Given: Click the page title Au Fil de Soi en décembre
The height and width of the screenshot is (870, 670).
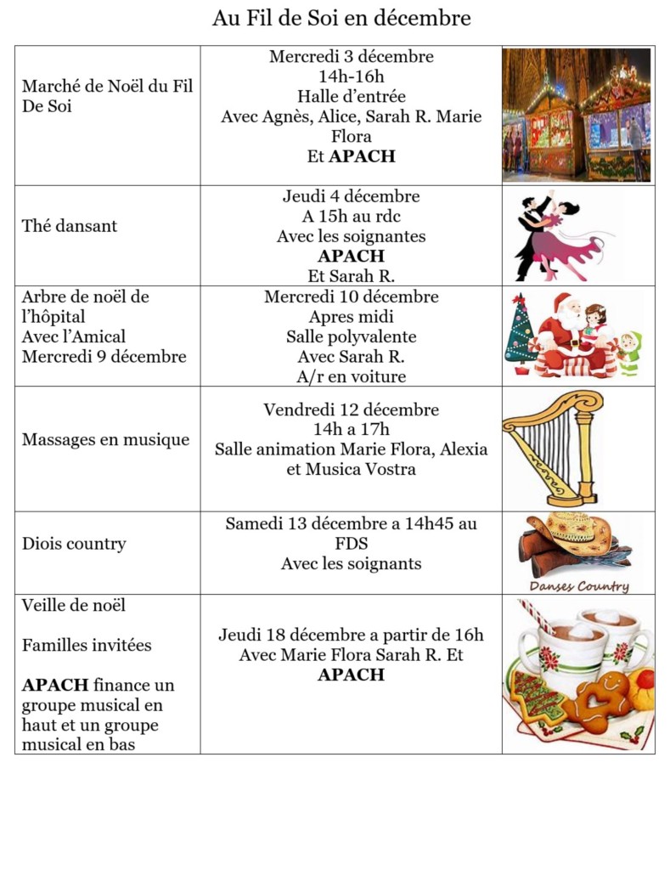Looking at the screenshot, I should coord(341,18).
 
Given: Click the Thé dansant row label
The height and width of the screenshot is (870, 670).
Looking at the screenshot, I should coord(70,226).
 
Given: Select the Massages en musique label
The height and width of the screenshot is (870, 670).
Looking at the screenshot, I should coord(105,440).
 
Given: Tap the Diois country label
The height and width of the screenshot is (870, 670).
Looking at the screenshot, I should coord(74,544).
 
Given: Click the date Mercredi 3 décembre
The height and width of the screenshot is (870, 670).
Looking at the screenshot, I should coord(351,57).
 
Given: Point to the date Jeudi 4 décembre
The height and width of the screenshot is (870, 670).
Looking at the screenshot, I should coord(351,196).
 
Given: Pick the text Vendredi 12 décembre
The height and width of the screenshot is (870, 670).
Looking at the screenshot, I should coord(351,410).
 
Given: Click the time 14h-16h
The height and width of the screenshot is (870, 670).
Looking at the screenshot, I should coord(351,76).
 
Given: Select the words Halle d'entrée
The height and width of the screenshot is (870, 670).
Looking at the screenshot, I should coord(351,96).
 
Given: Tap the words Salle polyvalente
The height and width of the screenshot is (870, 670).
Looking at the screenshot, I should coord(351,337).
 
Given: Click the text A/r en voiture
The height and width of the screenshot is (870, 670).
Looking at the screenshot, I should coord(351,376).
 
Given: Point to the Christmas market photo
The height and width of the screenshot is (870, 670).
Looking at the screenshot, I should coord(577,115).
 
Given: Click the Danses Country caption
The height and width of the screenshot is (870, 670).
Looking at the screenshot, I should coord(579,586).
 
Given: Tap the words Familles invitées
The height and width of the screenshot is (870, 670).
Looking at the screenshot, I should coord(87,645).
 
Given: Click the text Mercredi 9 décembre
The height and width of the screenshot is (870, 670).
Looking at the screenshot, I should coord(104,357).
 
